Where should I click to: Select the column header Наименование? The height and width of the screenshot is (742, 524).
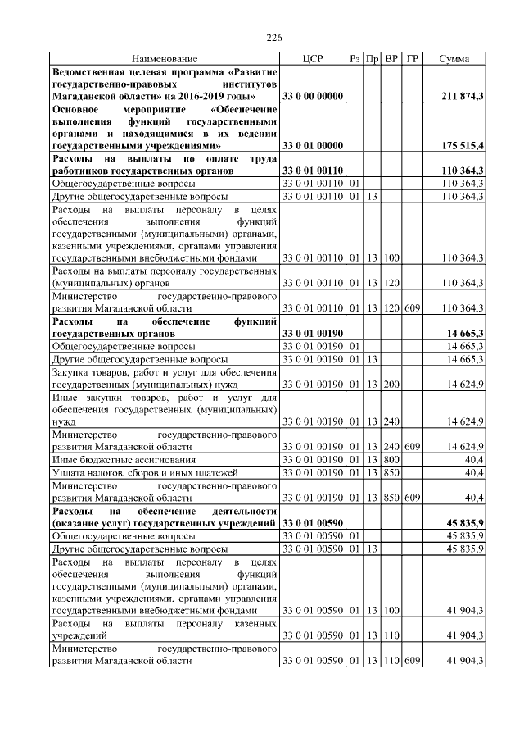pyautogui.click(x=164, y=59)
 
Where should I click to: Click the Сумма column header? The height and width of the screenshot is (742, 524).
pyautogui.click(x=454, y=59)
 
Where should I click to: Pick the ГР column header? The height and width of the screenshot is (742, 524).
pyautogui.click(x=413, y=59)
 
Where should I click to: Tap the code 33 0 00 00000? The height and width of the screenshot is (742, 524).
pyautogui.click(x=311, y=97)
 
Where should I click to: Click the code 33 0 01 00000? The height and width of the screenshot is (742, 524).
pyautogui.click(x=311, y=145)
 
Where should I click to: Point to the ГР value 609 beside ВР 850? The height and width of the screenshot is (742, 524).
pyautogui.click(x=413, y=498)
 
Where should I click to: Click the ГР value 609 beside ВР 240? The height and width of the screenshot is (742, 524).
pyautogui.click(x=413, y=447)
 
